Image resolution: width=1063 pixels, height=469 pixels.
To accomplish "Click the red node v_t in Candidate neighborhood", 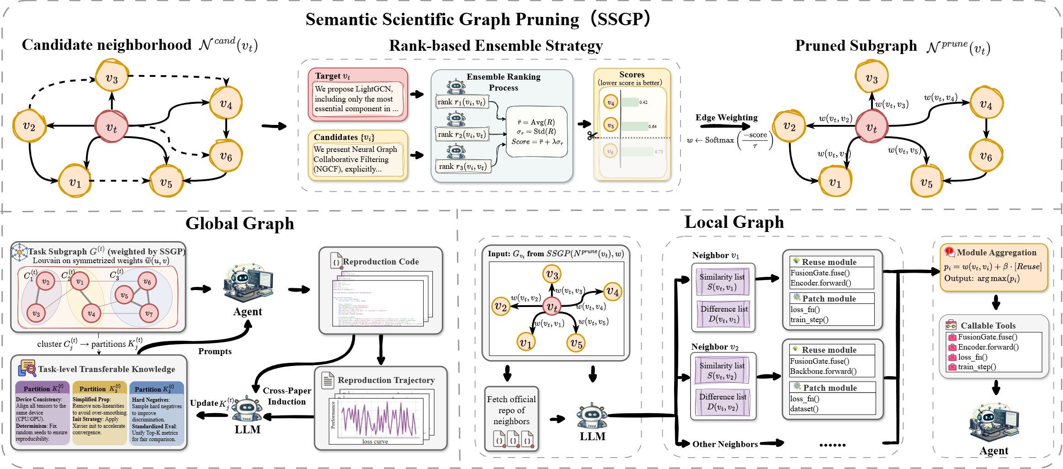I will click(112, 127).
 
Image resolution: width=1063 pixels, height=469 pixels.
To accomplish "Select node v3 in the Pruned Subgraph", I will click(871, 78).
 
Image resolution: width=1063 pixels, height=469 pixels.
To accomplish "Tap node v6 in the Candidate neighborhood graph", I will click(225, 156).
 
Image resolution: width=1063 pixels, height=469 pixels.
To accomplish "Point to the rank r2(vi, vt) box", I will click(462, 135).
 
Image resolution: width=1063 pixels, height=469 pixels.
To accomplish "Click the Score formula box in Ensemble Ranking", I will click(537, 132).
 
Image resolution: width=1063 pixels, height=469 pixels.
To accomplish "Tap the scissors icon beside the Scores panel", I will click(592, 136).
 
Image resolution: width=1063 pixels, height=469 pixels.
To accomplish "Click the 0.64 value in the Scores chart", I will click(653, 126).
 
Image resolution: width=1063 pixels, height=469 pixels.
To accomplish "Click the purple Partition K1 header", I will click(43, 388).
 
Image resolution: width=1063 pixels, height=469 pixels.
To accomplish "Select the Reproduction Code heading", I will click(380, 262).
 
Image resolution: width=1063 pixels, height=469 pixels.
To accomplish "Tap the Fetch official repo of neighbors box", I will click(511, 410).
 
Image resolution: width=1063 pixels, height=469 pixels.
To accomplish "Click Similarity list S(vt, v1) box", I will click(722, 282).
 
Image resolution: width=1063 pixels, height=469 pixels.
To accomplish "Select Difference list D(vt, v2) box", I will click(722, 402).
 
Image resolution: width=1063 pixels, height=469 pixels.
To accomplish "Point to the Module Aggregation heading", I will click(996, 253).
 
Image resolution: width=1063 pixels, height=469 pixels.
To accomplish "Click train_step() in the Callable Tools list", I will click(977, 367).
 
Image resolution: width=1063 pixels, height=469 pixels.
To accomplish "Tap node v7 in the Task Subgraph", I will click(149, 313).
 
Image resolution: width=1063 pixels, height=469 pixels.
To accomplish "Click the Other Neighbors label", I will click(725, 444).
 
